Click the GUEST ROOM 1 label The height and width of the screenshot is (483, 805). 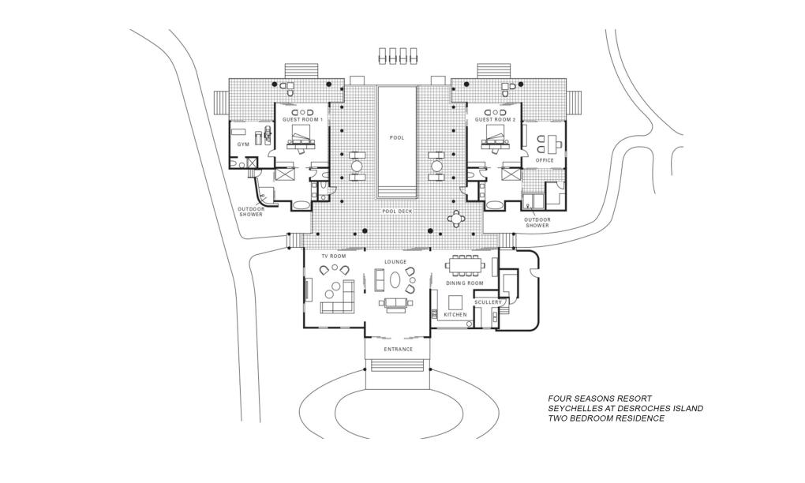tap(303, 119)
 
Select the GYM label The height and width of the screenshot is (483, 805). tap(243, 145)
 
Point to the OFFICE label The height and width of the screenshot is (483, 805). tap(545, 160)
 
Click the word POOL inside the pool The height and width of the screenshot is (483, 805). tap(397, 137)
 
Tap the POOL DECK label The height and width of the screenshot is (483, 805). tap(397, 212)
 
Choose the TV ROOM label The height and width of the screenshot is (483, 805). tap(333, 256)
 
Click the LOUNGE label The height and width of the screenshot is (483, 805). tap(395, 261)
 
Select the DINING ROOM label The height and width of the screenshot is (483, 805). tap(464, 283)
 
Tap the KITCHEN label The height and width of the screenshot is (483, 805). tap(455, 315)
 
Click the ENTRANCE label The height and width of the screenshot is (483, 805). tap(398, 349)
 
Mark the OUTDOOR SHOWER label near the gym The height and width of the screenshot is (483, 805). tap(251, 212)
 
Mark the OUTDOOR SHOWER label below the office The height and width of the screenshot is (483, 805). tap(537, 223)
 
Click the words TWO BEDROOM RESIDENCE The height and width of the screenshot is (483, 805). tap(606, 418)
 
